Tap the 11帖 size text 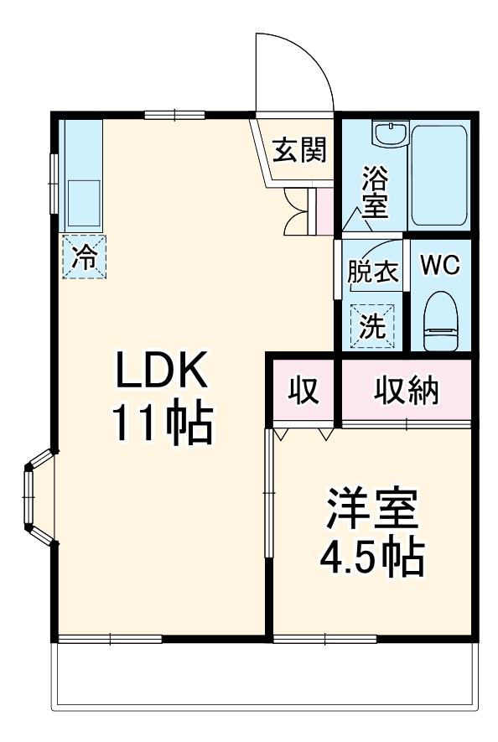(x=160, y=426)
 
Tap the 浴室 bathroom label (x=374, y=193)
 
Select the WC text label (x=439, y=265)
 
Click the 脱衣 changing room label (x=372, y=272)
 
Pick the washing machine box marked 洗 (x=371, y=323)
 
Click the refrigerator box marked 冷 (x=84, y=256)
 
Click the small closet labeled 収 (x=303, y=392)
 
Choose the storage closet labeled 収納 (x=406, y=392)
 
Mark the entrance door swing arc (x=293, y=71)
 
